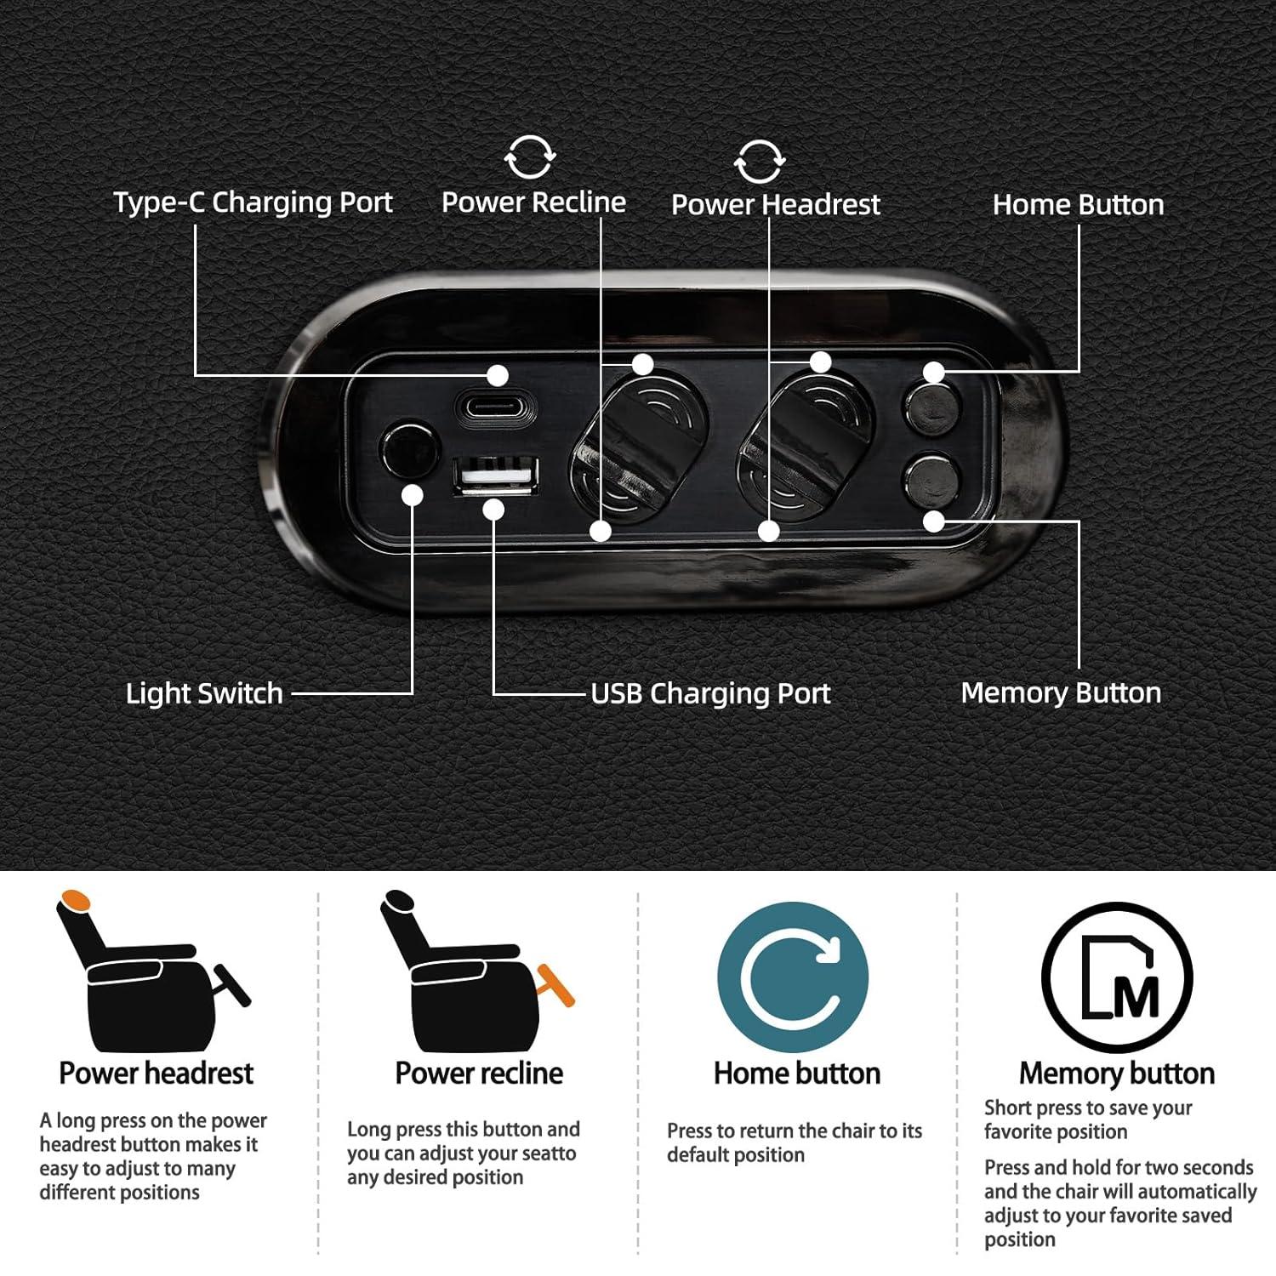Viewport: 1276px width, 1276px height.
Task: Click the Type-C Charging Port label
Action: click(x=253, y=202)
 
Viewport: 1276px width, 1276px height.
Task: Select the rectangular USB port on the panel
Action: click(x=496, y=476)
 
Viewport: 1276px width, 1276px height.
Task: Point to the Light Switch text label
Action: click(x=204, y=693)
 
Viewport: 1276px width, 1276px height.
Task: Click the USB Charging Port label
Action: click(x=710, y=693)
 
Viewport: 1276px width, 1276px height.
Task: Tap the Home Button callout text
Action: click(x=1078, y=205)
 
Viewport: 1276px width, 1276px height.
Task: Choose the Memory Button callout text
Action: click(x=1061, y=692)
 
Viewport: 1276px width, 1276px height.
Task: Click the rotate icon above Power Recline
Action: click(x=530, y=157)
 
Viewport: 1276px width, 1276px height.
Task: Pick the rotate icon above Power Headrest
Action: click(x=759, y=161)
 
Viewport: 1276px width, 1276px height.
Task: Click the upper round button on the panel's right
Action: click(x=931, y=409)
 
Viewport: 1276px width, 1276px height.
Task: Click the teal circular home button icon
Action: click(x=793, y=977)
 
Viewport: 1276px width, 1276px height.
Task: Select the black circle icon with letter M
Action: click(x=1117, y=978)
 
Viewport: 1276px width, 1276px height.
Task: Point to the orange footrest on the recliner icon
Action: click(x=555, y=985)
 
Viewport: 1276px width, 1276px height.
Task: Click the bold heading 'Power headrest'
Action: click(x=157, y=1074)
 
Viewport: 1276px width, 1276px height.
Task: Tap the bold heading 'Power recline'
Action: click(x=479, y=1074)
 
